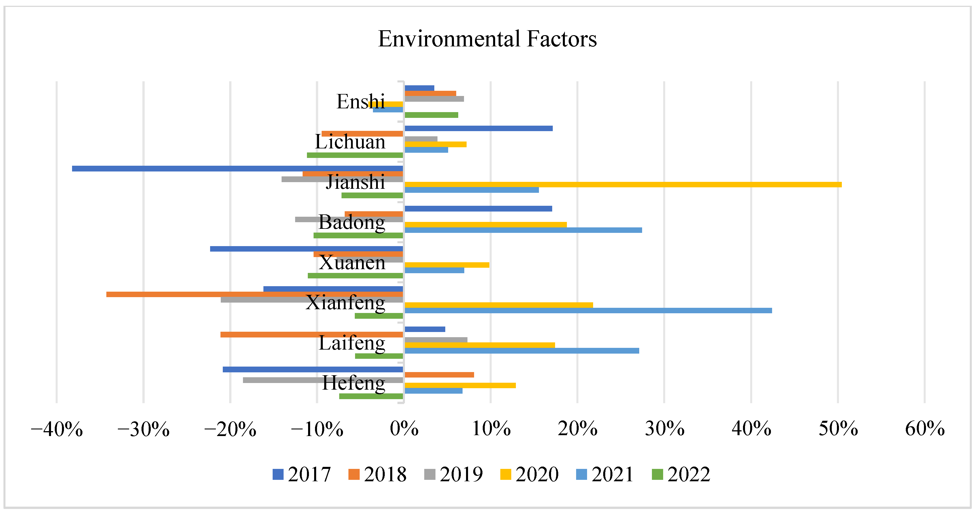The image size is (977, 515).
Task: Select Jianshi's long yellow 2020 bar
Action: pyautogui.click(x=622, y=185)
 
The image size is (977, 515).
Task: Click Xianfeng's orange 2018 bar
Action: pyautogui.click(x=254, y=294)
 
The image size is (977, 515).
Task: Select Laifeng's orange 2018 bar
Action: pyautogui.click(x=311, y=335)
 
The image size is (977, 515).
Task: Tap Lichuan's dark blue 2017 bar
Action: pyautogui.click(x=478, y=128)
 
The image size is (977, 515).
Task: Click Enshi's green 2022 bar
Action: pyautogui.click(x=431, y=115)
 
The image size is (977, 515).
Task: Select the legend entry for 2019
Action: pyautogui.click(x=454, y=474)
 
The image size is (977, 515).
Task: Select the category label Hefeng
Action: pyautogui.click(x=354, y=383)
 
